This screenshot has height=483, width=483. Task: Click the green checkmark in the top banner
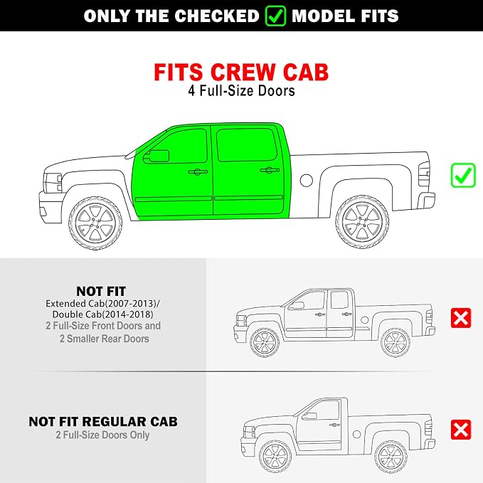click(275, 16)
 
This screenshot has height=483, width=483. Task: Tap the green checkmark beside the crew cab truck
click(463, 175)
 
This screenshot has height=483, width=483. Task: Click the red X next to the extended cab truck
click(461, 318)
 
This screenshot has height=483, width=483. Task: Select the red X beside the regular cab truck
click(461, 430)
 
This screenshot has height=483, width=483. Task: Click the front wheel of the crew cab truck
click(95, 223)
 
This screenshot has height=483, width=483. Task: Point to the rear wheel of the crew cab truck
click(362, 222)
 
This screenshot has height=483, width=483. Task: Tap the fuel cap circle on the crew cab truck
click(306, 180)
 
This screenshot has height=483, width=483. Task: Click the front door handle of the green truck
click(198, 171)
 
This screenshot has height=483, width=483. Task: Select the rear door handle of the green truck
click(270, 170)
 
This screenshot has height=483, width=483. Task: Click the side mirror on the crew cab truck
click(156, 156)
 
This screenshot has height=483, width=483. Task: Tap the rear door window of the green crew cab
click(246, 144)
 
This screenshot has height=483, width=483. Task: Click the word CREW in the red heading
click(243, 73)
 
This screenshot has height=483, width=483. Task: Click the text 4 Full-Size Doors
click(242, 91)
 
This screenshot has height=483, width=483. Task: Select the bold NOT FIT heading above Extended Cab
click(101, 291)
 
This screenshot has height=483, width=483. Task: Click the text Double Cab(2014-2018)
click(103, 314)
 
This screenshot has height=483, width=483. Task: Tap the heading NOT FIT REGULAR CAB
click(103, 422)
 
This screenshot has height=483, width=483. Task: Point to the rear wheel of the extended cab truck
click(396, 343)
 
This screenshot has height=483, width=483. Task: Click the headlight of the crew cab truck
click(53, 183)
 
